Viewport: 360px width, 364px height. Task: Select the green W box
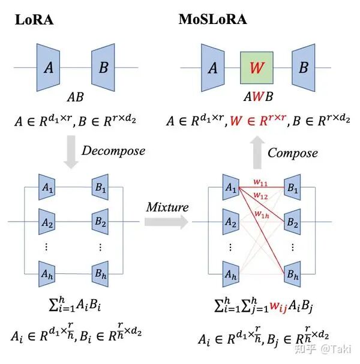click(256, 67)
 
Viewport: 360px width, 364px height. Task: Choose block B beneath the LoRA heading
click(104, 67)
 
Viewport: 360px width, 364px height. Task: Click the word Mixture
click(167, 208)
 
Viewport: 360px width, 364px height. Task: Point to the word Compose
click(292, 153)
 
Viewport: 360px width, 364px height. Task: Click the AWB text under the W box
click(257, 97)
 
